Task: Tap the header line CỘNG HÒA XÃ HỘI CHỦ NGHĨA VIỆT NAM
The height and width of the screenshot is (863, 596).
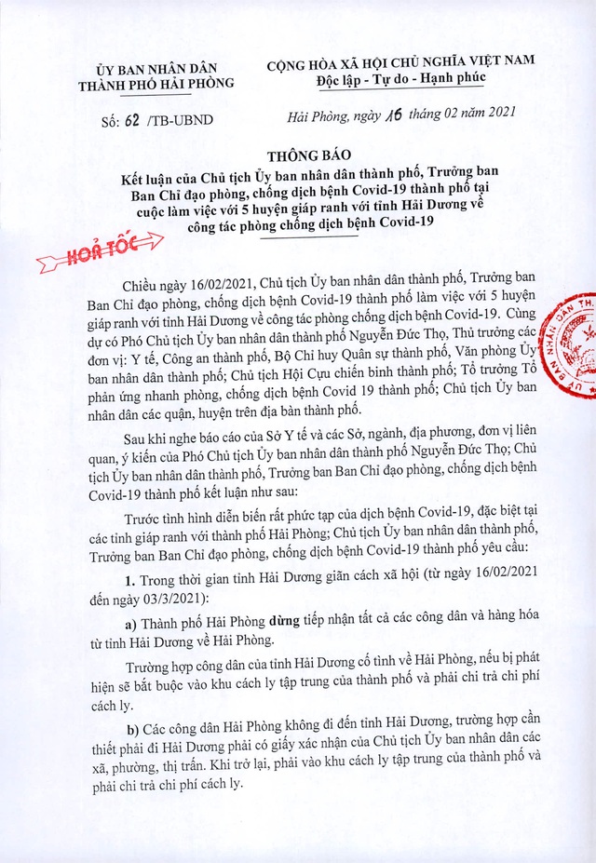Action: click(400, 61)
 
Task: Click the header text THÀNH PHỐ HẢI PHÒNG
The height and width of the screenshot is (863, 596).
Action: click(156, 82)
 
